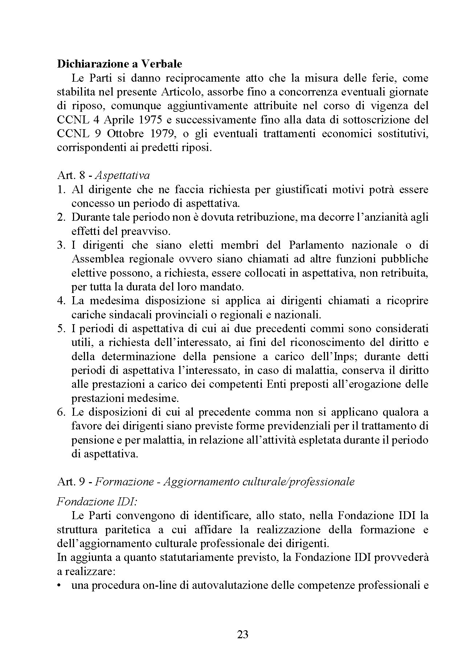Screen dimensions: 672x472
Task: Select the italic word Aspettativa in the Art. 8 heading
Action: coord(123,175)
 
